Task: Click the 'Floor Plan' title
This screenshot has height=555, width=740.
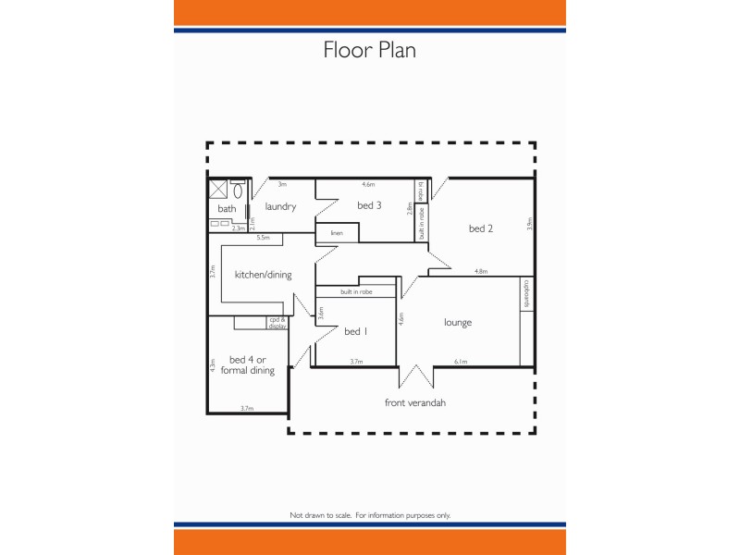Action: (369, 50)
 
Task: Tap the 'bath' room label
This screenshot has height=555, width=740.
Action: (227, 209)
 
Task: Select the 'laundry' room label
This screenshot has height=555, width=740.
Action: (280, 206)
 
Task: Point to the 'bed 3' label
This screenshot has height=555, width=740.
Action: (370, 205)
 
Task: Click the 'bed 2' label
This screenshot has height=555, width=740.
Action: (480, 228)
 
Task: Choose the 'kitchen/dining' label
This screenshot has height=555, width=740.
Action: (263, 274)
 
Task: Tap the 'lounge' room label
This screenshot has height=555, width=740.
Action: (458, 322)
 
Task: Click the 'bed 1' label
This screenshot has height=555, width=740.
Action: (355, 331)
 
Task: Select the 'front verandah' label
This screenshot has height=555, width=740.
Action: (415, 402)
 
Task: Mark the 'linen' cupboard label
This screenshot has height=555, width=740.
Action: (337, 233)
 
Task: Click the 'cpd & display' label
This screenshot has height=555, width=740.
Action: (277, 323)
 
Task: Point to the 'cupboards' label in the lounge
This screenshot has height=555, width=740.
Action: (526, 294)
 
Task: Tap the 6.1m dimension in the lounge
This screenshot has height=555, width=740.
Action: (461, 362)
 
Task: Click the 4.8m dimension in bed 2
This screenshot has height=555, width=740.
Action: (481, 271)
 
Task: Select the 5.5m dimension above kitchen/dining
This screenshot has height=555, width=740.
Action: (263, 238)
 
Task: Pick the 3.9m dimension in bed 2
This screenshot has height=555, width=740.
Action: (530, 223)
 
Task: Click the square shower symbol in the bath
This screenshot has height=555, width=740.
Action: (218, 190)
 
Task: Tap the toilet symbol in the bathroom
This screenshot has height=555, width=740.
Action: (238, 191)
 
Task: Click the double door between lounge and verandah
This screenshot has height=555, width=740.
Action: (415, 376)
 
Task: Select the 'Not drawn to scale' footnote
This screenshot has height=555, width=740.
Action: (370, 514)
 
